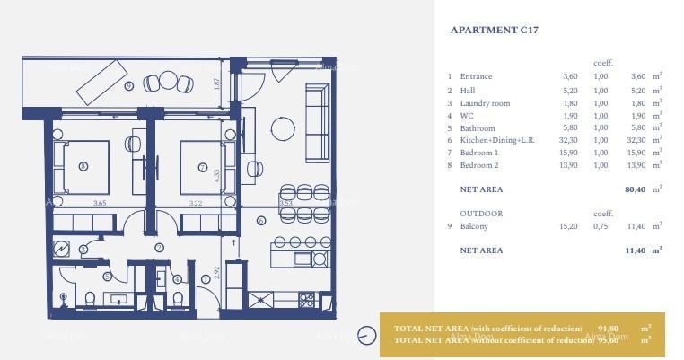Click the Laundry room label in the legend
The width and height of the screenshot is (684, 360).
pyautogui.click(x=485, y=103)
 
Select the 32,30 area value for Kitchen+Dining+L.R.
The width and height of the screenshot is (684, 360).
pyautogui.click(x=568, y=141)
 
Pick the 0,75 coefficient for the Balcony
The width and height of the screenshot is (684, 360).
pyautogui.click(x=601, y=226)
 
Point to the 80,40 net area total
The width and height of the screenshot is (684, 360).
pyautogui.click(x=636, y=189)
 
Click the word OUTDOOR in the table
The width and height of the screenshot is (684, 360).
pyautogui.click(x=481, y=214)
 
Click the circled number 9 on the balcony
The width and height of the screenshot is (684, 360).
pyautogui.click(x=129, y=86)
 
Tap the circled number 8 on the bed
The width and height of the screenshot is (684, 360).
pyautogui.click(x=83, y=166)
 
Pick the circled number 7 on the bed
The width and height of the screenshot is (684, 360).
pyautogui.click(x=202, y=167)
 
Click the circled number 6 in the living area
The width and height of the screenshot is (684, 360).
pyautogui.click(x=261, y=220)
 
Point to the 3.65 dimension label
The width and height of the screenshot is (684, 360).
pyautogui.click(x=101, y=203)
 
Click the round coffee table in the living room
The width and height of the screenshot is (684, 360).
pyautogui.click(x=282, y=128)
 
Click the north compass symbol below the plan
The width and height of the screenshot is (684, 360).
pyautogui.click(x=365, y=337)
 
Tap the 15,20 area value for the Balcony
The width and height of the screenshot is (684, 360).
pyautogui.click(x=568, y=226)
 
